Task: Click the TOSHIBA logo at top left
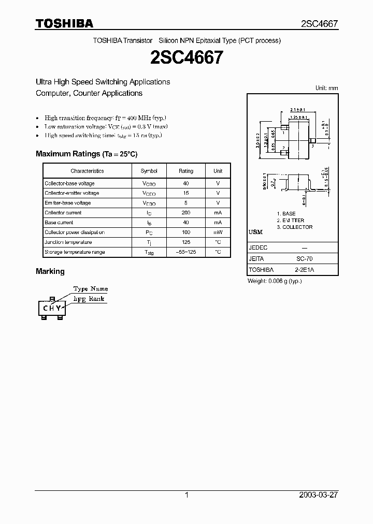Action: click(64, 23)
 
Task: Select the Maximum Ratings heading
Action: click(87, 154)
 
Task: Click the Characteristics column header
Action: click(87, 171)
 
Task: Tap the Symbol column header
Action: click(149, 171)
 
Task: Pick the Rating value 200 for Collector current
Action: click(186, 213)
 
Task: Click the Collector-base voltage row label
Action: click(69, 183)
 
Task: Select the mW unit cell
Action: click(218, 232)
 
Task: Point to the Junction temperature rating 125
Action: click(186, 242)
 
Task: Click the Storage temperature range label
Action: click(75, 252)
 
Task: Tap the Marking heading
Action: click(50, 271)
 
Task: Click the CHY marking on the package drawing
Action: click(52, 308)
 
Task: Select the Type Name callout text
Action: click(91, 289)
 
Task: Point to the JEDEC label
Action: click(258, 248)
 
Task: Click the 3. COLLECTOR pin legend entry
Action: click(294, 227)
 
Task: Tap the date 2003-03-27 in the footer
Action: click(319, 495)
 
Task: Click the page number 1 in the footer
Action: click(187, 495)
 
